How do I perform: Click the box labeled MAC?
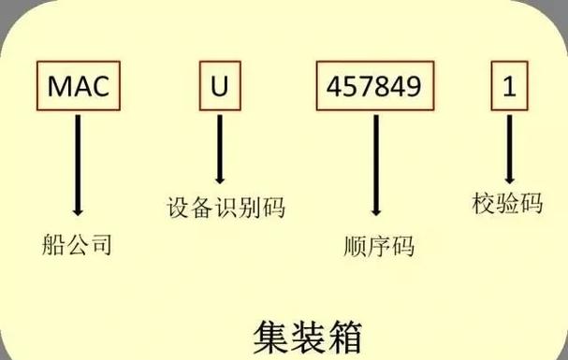pyautogui.click(x=80, y=87)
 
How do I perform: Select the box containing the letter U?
pyautogui.click(x=220, y=87)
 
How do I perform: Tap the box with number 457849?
pyautogui.click(x=375, y=87)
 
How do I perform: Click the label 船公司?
pyautogui.click(x=78, y=246)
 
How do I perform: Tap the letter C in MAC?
pyautogui.click(x=101, y=87)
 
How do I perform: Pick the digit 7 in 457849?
pyautogui.click(x=367, y=87)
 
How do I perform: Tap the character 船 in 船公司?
pyautogui.click(x=54, y=246)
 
